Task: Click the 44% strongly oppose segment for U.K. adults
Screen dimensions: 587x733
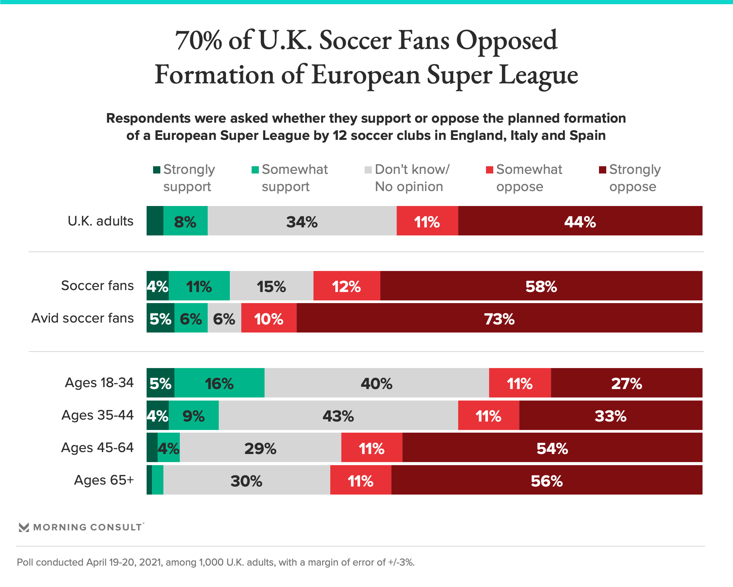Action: tap(580, 221)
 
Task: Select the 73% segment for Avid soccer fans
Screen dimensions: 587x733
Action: tap(499, 318)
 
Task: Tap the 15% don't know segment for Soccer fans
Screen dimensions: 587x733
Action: tap(271, 286)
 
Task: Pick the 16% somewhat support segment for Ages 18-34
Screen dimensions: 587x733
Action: tap(220, 383)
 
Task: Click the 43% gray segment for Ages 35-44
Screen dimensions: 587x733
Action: tap(338, 415)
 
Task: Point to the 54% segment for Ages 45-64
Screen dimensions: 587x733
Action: tap(552, 448)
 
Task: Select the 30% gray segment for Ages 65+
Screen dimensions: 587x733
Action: tap(247, 480)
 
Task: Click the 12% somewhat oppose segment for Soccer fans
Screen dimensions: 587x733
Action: tap(347, 286)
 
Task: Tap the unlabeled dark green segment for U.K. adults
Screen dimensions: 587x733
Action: tap(155, 221)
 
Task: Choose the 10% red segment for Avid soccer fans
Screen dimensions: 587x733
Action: tap(269, 318)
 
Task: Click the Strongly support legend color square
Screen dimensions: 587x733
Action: tap(157, 170)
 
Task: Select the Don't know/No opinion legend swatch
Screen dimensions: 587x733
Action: tap(368, 170)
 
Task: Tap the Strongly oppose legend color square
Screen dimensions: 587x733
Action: tap(602, 170)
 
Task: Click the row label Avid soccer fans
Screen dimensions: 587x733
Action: tap(82, 318)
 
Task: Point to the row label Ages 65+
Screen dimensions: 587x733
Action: tap(104, 480)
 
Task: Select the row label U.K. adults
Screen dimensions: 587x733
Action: tap(100, 221)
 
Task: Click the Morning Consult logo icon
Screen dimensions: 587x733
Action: tap(24, 527)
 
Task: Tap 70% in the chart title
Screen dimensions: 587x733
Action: tap(199, 41)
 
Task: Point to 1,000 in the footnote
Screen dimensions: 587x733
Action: tap(211, 563)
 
